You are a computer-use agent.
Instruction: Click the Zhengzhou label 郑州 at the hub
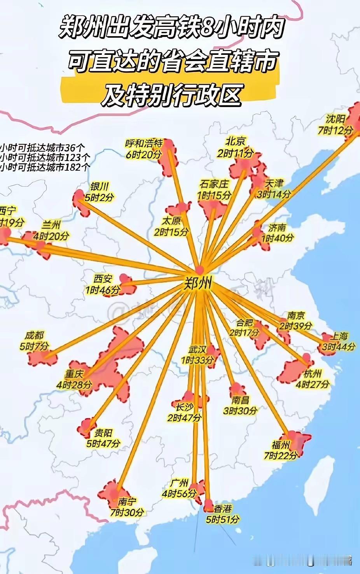(198, 284)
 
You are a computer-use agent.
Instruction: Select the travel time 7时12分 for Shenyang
(335, 130)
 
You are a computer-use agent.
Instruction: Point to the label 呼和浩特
(143, 143)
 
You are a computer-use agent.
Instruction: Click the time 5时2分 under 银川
(100, 198)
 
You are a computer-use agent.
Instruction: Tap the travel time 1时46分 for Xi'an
(103, 290)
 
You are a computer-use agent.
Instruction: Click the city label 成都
(35, 335)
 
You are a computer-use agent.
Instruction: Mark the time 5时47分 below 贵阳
(103, 443)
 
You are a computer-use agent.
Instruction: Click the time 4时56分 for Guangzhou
(179, 493)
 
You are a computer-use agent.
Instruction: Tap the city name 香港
(223, 508)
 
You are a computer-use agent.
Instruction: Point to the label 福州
(281, 444)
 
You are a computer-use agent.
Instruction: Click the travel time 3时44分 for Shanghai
(338, 346)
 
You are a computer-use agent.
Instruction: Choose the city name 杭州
(313, 374)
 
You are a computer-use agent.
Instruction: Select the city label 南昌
(240, 400)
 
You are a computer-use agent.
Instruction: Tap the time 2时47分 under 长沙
(184, 418)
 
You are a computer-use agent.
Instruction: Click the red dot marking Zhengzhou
(199, 269)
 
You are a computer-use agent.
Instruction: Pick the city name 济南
(277, 227)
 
